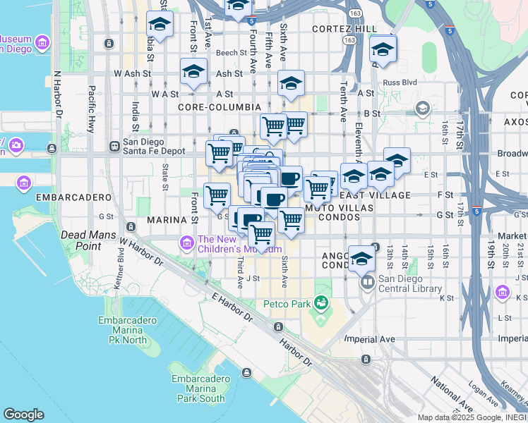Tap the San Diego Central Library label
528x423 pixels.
pos(409,283)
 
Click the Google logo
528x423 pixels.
pos(23,415)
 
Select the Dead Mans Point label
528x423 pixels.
pos(80,240)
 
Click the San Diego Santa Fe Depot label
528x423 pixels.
pos(153,146)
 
